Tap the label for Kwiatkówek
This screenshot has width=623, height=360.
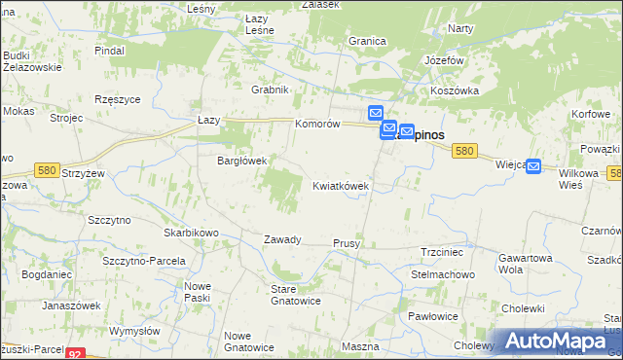point(340,185)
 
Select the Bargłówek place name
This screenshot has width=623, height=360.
point(241,161)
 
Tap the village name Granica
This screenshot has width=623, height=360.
point(367,42)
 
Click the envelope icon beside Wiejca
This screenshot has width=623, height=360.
point(532,166)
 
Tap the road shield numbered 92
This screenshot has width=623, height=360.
point(77,354)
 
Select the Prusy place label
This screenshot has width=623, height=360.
point(347,243)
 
